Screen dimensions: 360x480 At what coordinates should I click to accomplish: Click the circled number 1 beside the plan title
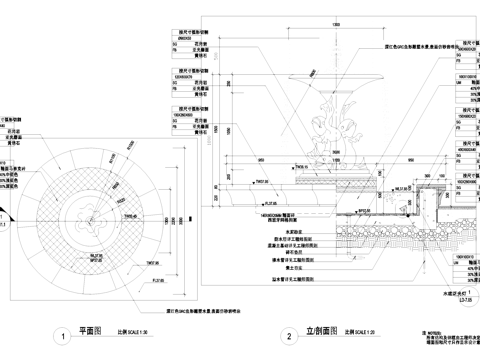(64, 337)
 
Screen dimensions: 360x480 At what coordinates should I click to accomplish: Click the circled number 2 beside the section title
(289, 337)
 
